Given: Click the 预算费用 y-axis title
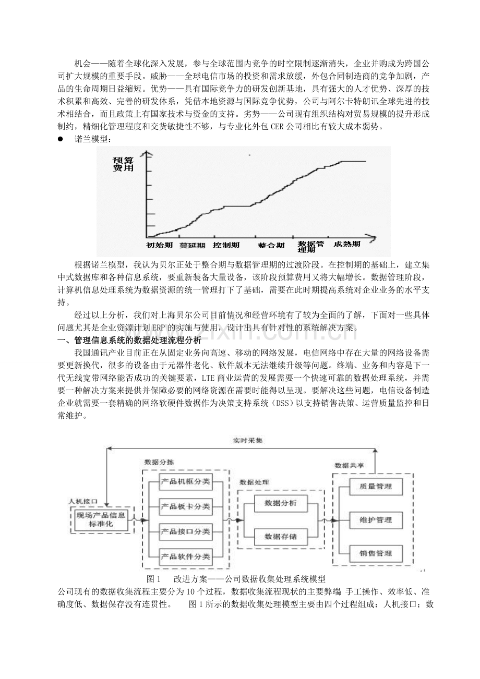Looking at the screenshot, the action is pyautogui.click(x=123, y=164).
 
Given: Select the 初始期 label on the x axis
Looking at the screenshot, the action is pyautogui.click(x=160, y=245).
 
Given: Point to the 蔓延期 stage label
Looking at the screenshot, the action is pyautogui.click(x=192, y=245).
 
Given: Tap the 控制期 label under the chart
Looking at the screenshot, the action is pyautogui.click(x=226, y=245).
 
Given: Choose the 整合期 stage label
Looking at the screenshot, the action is pyautogui.click(x=271, y=245).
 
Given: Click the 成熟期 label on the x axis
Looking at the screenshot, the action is pyautogui.click(x=347, y=244).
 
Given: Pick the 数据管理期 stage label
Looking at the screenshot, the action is pyautogui.click(x=311, y=247).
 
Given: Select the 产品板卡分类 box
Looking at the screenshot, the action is pyautogui.click(x=186, y=506).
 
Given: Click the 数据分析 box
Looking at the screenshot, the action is pyautogui.click(x=281, y=503).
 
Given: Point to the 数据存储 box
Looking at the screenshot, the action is pyautogui.click(x=281, y=537).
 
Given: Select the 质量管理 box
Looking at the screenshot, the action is pyautogui.click(x=376, y=487).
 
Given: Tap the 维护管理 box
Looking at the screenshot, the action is pyautogui.click(x=376, y=520).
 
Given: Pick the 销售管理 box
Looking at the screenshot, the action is pyautogui.click(x=376, y=553).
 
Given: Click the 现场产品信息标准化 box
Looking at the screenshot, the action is pyautogui.click(x=101, y=520).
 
